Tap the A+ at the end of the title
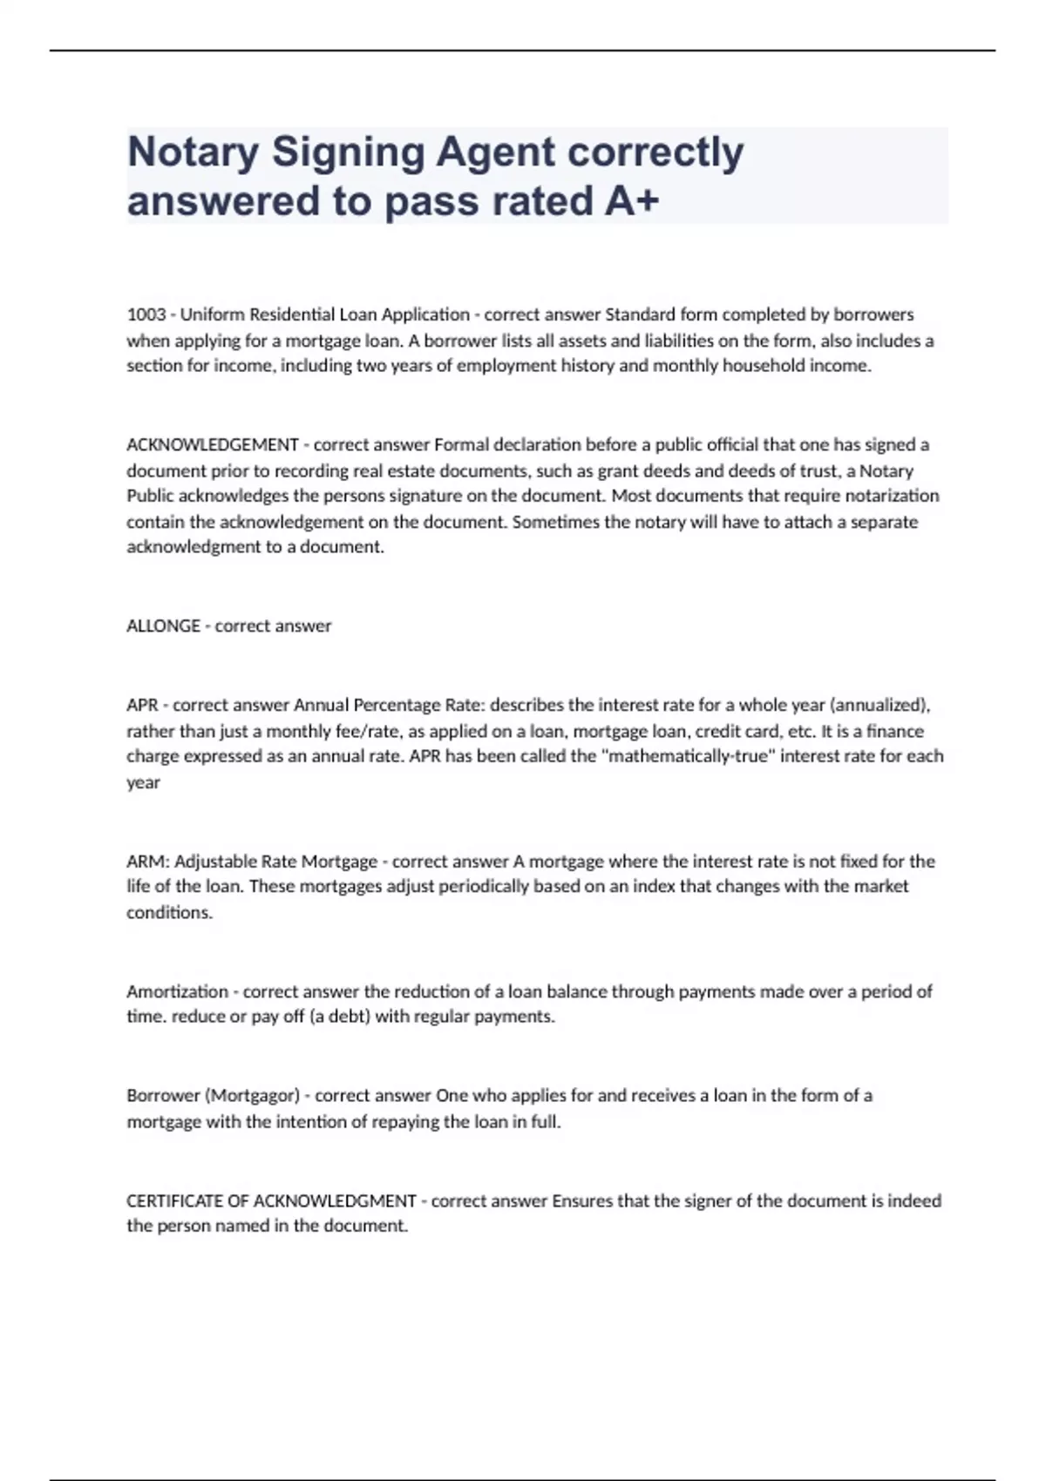click(x=630, y=201)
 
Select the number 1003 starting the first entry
click(x=146, y=314)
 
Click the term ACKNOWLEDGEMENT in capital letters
click(x=213, y=445)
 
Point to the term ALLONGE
click(x=163, y=626)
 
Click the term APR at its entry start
click(x=142, y=706)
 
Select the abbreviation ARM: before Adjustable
click(x=147, y=862)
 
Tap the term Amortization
click(x=177, y=991)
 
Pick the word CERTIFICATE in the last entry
click(x=174, y=1201)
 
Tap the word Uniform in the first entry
click(x=212, y=314)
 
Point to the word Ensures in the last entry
click(x=582, y=1201)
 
